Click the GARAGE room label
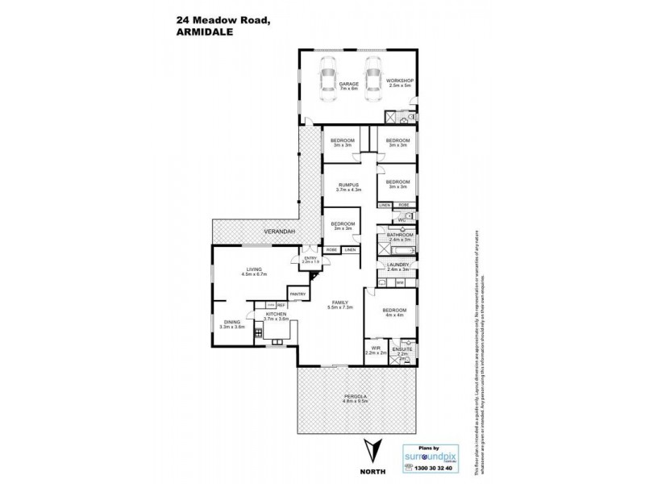[348, 83]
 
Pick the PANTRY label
[298, 294]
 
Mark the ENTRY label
[310, 259]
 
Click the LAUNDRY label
[401, 265]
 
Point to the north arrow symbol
[371, 449]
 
